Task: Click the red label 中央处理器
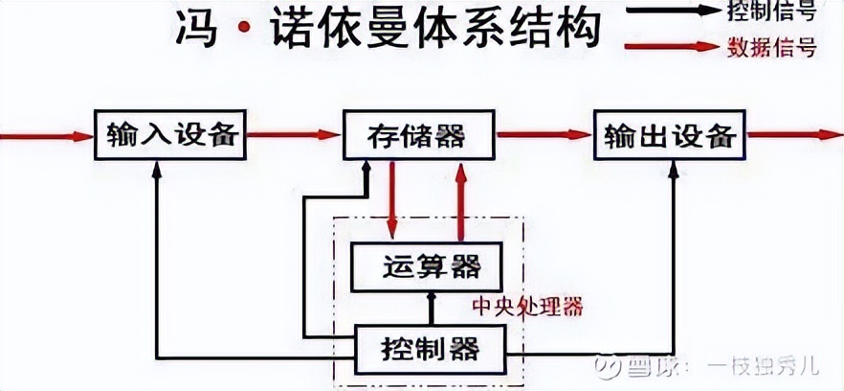[x=527, y=309]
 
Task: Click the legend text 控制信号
[x=782, y=13]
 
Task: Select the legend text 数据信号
[x=782, y=47]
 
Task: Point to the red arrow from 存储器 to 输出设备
[x=543, y=135]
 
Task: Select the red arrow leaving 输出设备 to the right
[x=789, y=135]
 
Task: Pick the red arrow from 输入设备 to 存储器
[x=292, y=135]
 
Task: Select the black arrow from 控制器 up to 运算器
[x=431, y=307]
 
